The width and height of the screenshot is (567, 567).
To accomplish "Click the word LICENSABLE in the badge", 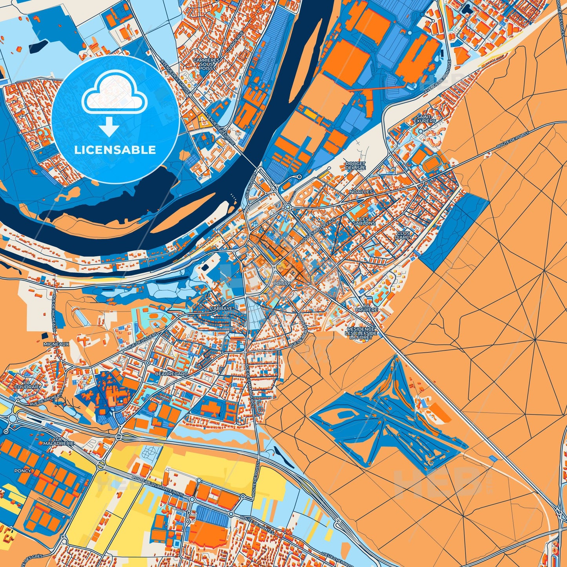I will coord(115,150).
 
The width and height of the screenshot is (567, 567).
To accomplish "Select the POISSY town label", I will coord(283,283).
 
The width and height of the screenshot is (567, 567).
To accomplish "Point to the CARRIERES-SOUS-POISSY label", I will coord(207,64).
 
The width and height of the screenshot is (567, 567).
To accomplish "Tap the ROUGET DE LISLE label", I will coord(355,166).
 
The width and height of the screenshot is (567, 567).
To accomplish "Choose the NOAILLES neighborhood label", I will coord(361,192).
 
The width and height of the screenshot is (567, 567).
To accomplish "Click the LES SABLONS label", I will coord(364,221).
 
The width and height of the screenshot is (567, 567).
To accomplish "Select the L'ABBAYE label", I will coord(221,308).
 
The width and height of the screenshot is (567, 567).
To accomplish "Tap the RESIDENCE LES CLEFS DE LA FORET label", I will coord(361,333).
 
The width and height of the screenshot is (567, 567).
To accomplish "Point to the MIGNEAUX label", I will coord(57,344).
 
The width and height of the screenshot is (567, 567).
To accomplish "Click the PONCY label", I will coord(22,470).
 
